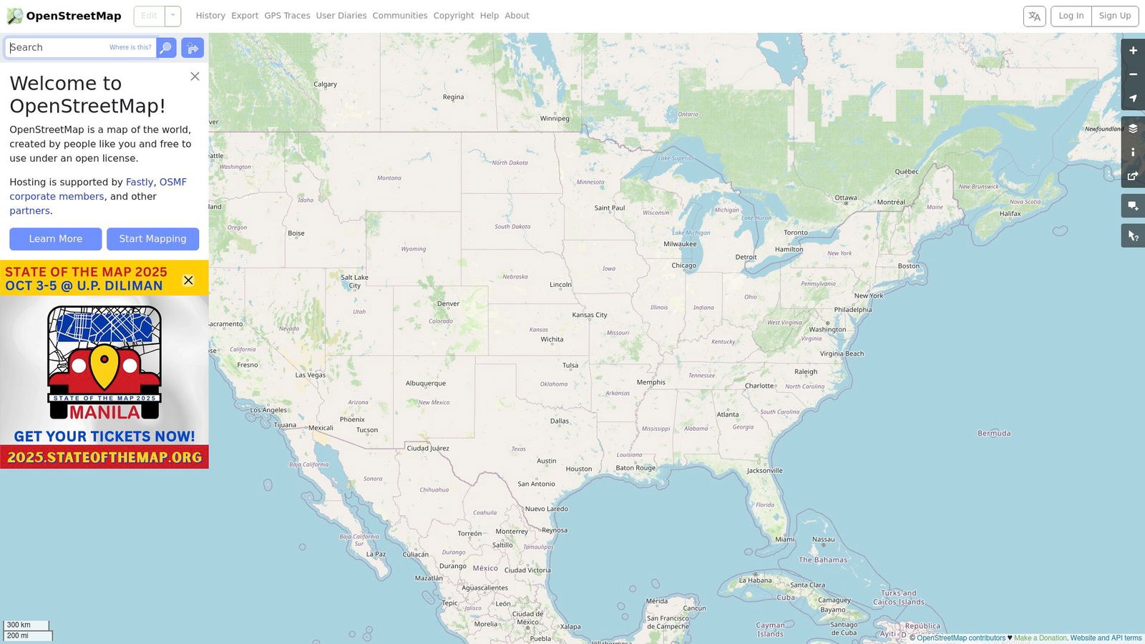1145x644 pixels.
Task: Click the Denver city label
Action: tap(448, 304)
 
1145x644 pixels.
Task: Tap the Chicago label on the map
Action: tap(683, 265)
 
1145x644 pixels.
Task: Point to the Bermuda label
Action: tap(994, 434)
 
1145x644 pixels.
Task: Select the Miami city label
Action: tap(784, 540)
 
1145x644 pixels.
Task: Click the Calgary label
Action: tap(325, 84)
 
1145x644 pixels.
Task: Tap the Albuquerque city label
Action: tap(426, 384)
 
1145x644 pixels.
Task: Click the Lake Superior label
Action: tap(676, 158)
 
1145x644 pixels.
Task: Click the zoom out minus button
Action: tap(1133, 74)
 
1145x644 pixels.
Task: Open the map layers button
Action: tap(1133, 129)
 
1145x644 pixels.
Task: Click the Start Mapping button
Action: tap(152, 239)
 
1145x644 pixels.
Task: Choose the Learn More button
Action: tap(56, 239)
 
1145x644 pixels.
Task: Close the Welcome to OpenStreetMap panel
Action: tap(195, 77)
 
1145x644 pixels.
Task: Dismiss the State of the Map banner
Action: tap(188, 280)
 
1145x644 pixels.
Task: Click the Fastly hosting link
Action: tap(140, 182)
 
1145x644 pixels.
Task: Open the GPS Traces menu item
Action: tap(287, 16)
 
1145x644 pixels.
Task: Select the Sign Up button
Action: tap(1114, 16)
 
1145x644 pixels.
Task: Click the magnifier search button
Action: tap(166, 48)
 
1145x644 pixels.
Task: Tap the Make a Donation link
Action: tap(1040, 638)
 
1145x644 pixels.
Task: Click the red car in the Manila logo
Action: tap(104, 372)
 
